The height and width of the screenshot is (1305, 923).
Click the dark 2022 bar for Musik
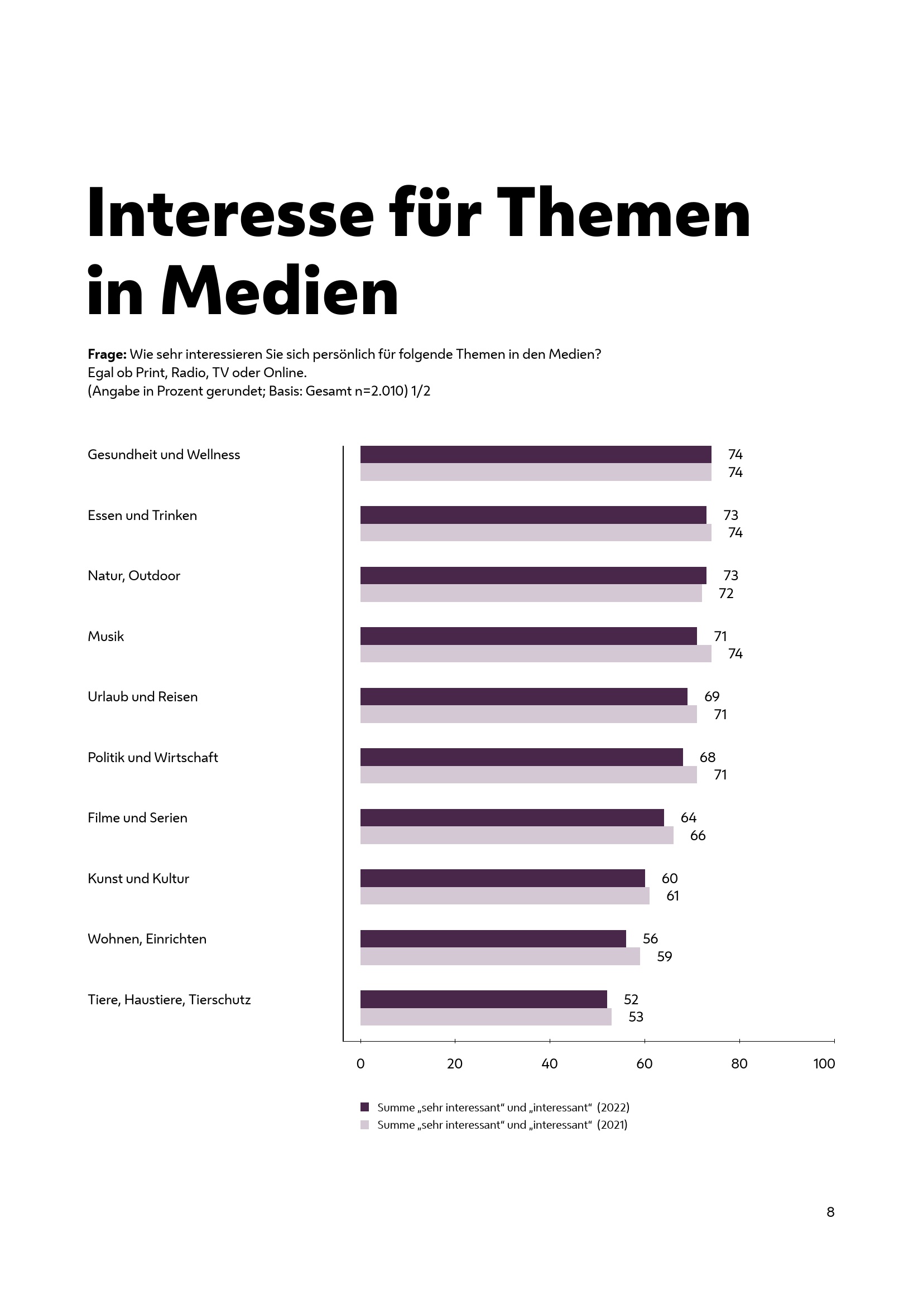tap(528, 636)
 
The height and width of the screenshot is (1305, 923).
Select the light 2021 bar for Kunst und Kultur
tap(504, 896)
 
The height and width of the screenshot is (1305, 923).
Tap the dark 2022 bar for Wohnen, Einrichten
tap(493, 938)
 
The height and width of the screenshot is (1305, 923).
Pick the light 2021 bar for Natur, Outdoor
tap(531, 594)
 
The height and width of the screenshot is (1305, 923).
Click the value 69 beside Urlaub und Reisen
tap(712, 696)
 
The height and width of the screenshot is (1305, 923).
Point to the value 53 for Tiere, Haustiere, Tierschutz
tap(636, 1017)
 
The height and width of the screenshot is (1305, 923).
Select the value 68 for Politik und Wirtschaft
tap(707, 757)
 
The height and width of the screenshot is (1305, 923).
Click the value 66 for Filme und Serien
tap(698, 836)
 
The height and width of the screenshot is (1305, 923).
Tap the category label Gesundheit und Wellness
tap(164, 455)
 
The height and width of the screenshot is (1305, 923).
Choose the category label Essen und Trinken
tap(142, 516)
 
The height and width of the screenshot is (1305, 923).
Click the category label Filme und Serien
tap(137, 818)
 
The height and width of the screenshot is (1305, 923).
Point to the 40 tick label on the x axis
tap(550, 1064)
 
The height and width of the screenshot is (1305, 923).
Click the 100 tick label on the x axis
tap(824, 1064)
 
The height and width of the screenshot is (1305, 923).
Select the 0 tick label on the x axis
tap(360, 1064)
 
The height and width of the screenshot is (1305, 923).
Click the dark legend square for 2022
tap(365, 1107)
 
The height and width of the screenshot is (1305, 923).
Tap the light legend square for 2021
tap(365, 1125)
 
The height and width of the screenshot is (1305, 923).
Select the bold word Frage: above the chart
tap(107, 355)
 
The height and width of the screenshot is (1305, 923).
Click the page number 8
tap(830, 1212)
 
